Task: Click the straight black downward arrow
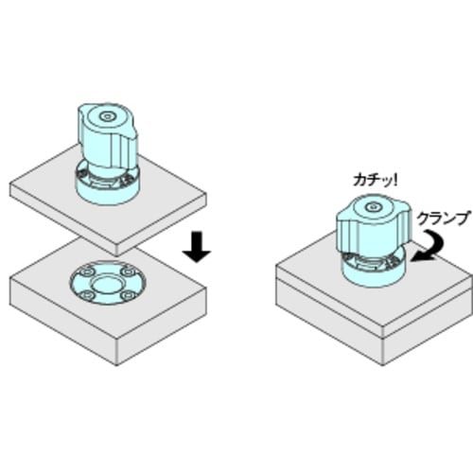coord(198,245)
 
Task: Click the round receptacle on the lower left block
coord(106,283)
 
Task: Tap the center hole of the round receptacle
coord(106,284)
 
